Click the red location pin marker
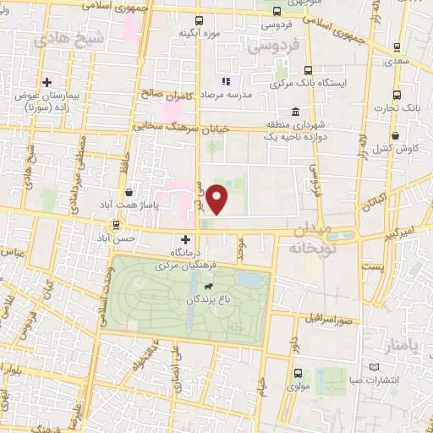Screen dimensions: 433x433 point(218,200)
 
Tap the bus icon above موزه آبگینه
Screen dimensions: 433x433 point(199,20)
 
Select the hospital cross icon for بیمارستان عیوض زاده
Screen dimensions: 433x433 point(47,83)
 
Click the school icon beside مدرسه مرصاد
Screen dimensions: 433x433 point(226,81)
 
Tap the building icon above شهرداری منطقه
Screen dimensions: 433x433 point(294,112)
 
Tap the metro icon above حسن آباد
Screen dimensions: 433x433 point(116,225)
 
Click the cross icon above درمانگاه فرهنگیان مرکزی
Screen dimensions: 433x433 point(185,239)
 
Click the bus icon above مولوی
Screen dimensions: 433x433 point(297,372)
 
